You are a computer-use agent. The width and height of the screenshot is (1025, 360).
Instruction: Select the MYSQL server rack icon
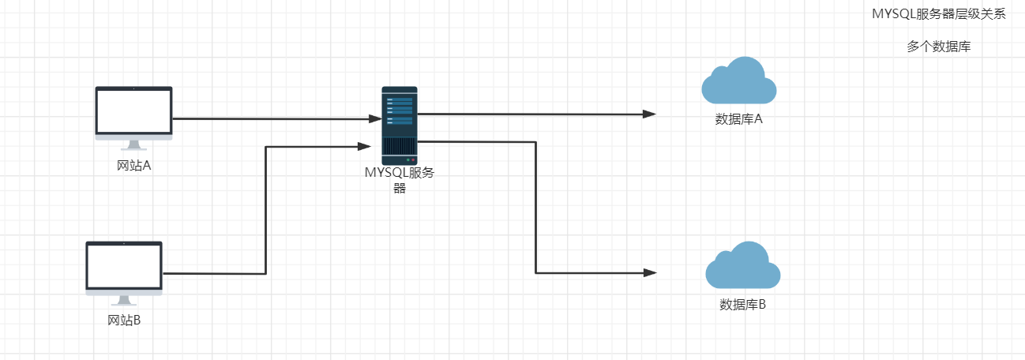click(x=400, y=121)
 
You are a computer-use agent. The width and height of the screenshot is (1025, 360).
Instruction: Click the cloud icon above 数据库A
click(x=738, y=81)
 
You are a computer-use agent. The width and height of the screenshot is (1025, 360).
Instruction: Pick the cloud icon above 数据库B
click(x=742, y=266)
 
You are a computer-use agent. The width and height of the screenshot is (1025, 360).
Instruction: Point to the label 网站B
click(x=124, y=321)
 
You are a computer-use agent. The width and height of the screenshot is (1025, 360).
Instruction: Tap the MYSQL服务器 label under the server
click(x=400, y=180)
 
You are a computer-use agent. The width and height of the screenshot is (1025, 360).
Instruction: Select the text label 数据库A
click(x=738, y=120)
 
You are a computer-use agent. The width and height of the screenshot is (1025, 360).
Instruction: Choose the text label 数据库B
click(x=742, y=305)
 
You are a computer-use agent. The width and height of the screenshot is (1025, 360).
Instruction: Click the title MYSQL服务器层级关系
click(x=938, y=14)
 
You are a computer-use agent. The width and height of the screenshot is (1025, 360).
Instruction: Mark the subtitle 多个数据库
click(x=938, y=47)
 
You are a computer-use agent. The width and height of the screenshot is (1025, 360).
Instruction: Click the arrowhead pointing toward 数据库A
click(x=650, y=114)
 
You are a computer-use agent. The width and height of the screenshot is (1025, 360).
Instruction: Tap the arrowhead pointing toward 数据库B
click(x=650, y=272)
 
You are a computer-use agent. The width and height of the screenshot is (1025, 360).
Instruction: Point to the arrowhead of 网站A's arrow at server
click(x=375, y=118)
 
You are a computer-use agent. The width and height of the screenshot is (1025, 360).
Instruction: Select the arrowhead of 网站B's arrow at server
click(x=364, y=146)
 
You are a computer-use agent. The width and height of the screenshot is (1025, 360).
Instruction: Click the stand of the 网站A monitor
click(x=133, y=144)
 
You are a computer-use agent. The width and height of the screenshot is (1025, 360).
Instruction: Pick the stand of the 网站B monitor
click(x=124, y=300)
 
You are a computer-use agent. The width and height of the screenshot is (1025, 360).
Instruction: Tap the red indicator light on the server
click(x=412, y=160)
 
